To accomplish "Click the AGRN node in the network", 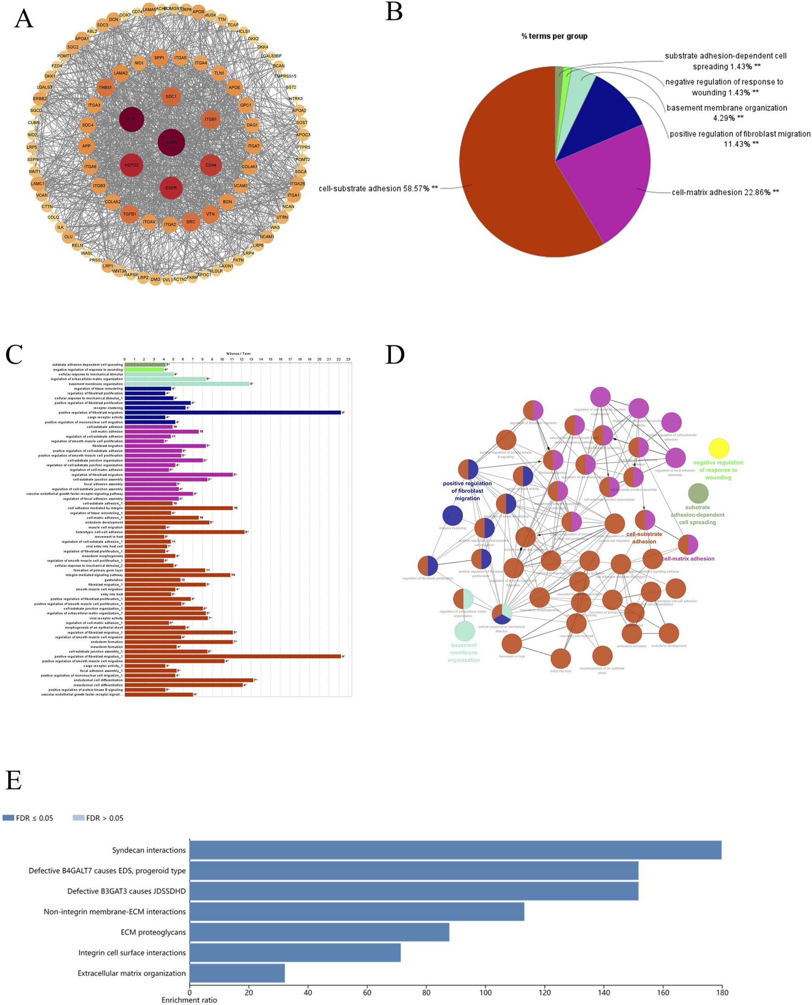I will (171, 142).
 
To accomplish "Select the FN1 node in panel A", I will (132, 119).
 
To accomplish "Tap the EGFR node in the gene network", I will (171, 187).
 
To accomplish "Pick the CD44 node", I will (210, 165).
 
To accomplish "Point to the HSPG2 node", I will (132, 165).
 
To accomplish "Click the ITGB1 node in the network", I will (210, 119).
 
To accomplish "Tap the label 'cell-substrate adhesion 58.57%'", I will (378, 188).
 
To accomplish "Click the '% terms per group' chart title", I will (554, 36).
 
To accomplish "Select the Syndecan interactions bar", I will (455, 850).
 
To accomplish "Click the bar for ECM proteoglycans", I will (319, 932).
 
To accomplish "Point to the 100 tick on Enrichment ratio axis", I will (485, 992).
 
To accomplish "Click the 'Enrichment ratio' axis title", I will (189, 1000).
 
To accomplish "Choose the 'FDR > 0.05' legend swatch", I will (78, 818).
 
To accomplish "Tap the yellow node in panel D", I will (719, 449).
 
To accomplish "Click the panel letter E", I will (14, 780).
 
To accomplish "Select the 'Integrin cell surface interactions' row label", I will (132, 953).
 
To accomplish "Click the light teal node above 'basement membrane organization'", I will (465, 632).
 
